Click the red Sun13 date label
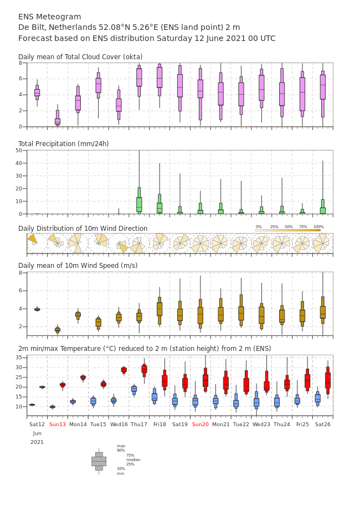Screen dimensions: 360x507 coord(58,424)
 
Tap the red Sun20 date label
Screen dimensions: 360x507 coord(200,424)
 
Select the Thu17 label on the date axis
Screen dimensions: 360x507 coord(139,424)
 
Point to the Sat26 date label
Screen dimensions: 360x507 coord(323,424)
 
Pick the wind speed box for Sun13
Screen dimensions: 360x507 coord(58,330)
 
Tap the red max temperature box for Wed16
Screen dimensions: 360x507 coord(124,370)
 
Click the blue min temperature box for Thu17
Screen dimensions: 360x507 coord(134,389)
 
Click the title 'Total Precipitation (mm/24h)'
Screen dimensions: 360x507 coord(63,143)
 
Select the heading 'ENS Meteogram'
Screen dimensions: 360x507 coord(50,17)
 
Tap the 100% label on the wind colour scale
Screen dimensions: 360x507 coord(318,227)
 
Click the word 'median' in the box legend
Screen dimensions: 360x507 coord(133,459)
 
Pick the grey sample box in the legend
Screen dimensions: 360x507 coord(99,462)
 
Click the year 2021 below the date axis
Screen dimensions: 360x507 coord(37,442)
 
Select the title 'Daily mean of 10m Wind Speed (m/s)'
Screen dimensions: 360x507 coord(78,266)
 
